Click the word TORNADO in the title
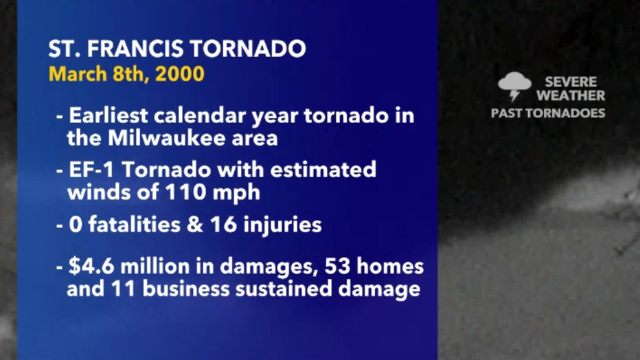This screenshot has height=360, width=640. (x=247, y=49)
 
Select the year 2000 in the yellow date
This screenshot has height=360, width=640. (x=180, y=74)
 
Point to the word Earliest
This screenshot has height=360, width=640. (x=108, y=115)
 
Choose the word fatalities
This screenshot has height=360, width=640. (x=135, y=225)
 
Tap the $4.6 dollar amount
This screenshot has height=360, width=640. (x=91, y=266)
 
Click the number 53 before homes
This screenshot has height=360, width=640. (x=338, y=266)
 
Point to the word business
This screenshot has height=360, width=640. (x=186, y=289)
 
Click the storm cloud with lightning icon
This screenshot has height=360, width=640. (x=515, y=86)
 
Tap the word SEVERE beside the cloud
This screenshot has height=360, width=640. (x=571, y=82)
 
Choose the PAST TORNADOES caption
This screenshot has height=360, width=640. (x=548, y=113)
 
